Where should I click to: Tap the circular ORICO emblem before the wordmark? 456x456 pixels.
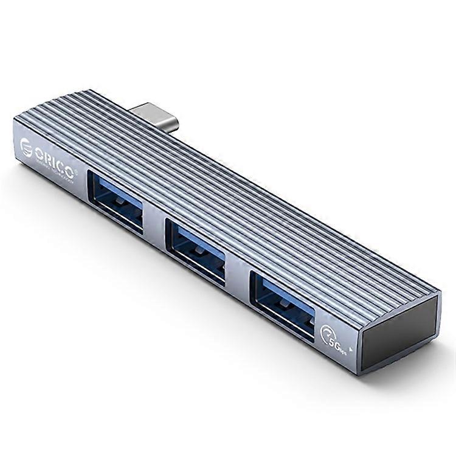pos(26,147)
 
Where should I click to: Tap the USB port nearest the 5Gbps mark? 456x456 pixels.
pos(282,299)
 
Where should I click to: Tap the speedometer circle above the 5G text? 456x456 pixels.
pos(327,332)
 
